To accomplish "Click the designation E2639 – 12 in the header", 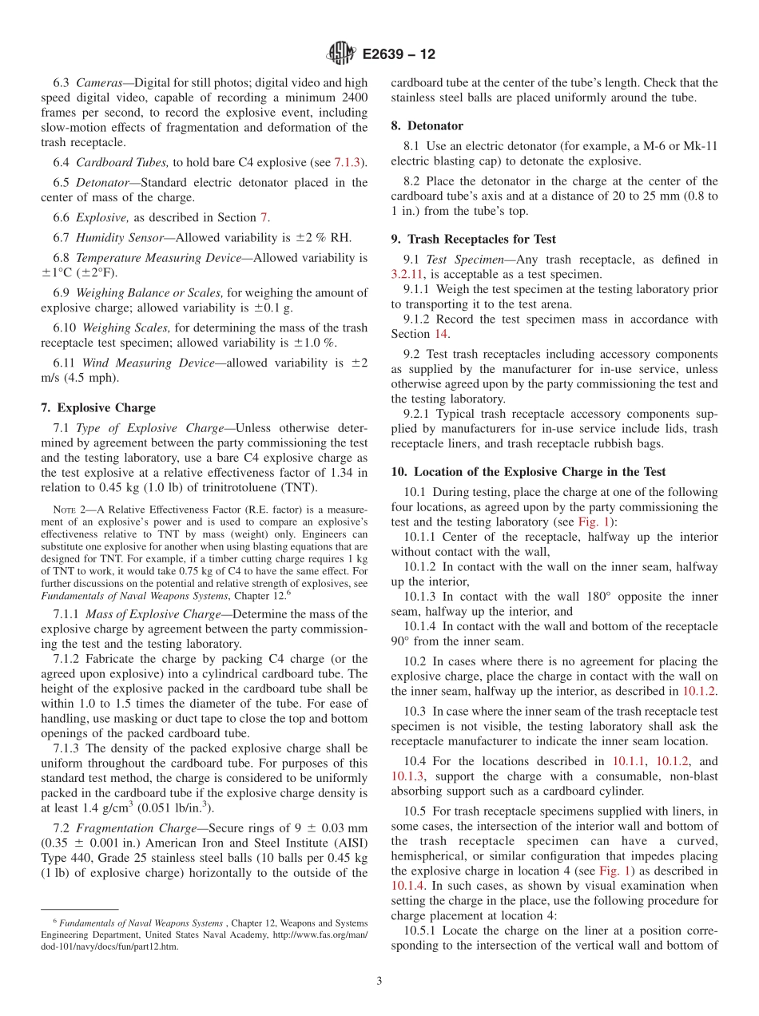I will (399, 54).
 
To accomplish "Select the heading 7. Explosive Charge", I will (98, 407).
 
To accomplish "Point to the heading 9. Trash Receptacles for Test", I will (473, 239).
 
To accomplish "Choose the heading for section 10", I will (528, 472).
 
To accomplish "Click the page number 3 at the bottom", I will (379, 981).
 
